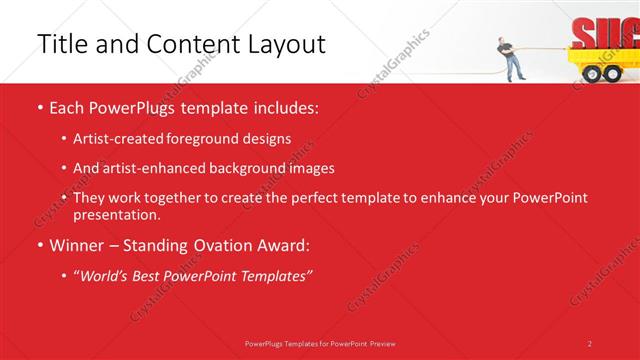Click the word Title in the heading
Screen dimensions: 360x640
(x=59, y=44)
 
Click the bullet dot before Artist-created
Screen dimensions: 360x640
(x=65, y=139)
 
